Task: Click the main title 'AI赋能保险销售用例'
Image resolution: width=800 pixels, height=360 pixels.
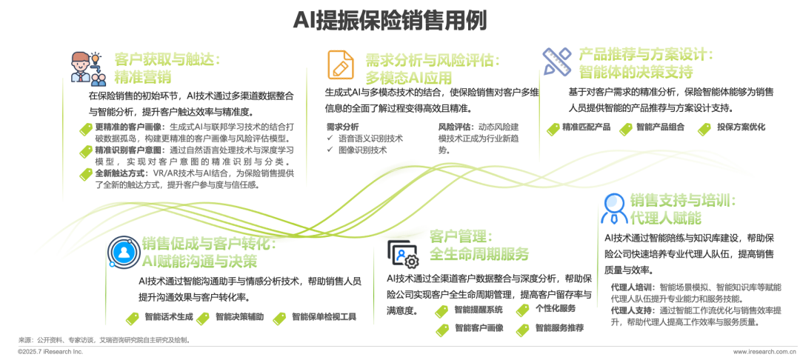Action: tap(399, 21)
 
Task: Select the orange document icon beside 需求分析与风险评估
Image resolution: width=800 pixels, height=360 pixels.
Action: tap(340, 64)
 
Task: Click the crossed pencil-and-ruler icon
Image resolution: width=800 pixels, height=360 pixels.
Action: tap(556, 61)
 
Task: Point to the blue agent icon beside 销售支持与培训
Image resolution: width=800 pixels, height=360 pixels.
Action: tap(614, 208)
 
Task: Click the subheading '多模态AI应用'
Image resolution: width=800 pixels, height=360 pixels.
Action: tap(409, 77)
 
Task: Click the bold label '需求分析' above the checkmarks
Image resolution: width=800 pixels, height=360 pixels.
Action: tap(337, 127)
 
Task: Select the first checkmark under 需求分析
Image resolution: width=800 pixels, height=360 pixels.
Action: tap(330, 138)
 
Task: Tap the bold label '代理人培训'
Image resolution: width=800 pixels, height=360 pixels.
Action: tap(626, 285)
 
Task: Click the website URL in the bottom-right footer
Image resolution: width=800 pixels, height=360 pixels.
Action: tap(765, 351)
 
